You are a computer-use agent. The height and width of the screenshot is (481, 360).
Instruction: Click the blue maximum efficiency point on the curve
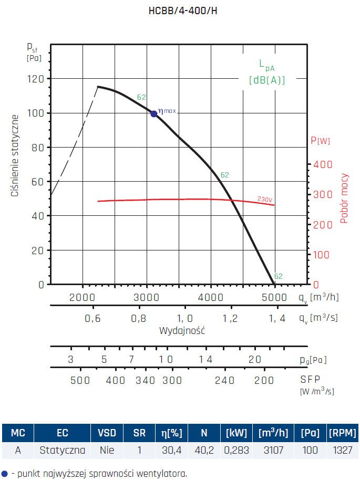pos(154,113)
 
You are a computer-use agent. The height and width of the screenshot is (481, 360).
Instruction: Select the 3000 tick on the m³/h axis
pos(146,297)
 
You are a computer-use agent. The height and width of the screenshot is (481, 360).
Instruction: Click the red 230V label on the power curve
pos(265,200)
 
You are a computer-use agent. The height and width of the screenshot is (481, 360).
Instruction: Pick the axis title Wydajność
pos(182,331)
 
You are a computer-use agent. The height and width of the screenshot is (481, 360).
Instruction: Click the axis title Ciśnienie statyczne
pos(15,156)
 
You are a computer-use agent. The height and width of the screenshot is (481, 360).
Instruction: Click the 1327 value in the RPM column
pos(342,450)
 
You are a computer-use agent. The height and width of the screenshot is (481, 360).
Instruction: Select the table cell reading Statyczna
pos(62,450)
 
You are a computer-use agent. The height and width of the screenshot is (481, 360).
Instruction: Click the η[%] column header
pos(172,433)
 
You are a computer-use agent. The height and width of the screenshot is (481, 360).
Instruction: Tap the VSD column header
pos(107,433)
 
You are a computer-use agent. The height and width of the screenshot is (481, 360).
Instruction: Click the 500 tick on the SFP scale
pos(80,381)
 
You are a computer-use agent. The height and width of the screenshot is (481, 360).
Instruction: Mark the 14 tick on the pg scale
pos(205,360)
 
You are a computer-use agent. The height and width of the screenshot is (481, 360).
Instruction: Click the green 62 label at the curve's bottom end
pos(279,276)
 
